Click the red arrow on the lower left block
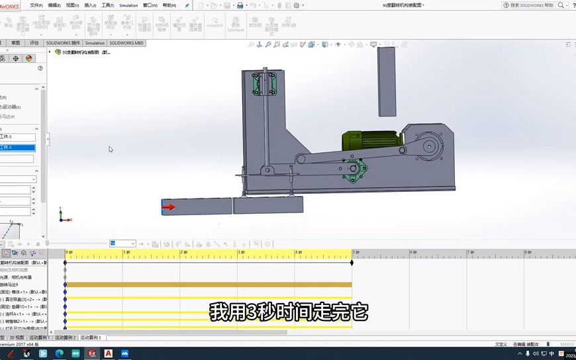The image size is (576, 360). tap(169, 207)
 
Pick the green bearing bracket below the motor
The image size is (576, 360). tap(355, 171)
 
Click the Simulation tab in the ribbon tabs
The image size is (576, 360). tap(95, 43)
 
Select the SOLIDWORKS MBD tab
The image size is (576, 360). tap(126, 43)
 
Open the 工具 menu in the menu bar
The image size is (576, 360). tap(107, 5)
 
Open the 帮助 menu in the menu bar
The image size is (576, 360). tap(169, 5)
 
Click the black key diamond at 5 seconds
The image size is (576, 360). tap(352, 263)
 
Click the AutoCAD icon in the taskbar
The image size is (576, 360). tap(108, 353)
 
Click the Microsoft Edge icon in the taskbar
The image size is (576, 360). tap(59, 353)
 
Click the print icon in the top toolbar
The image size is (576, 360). tap(240, 5)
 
